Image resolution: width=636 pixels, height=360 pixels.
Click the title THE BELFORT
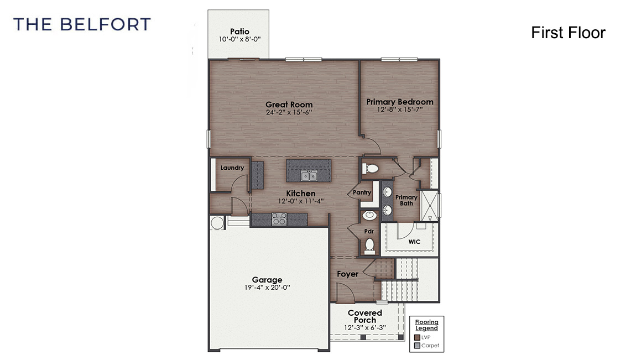[82, 24]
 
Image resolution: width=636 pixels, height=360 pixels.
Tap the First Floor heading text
[568, 33]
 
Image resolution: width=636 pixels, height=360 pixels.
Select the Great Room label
[289, 105]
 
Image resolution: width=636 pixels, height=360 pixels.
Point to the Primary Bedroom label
[399, 102]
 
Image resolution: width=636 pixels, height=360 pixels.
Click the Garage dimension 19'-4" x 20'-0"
[267, 288]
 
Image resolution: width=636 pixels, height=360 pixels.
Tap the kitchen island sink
[309, 176]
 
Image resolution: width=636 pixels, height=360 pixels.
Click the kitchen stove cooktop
[279, 219]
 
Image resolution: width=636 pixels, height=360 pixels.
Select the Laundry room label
[232, 168]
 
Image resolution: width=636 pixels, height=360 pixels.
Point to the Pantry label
[361, 192]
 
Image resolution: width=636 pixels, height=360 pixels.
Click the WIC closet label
[415, 242]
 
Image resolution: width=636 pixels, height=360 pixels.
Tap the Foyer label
[347, 274]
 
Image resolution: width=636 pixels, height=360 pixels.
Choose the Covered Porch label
[364, 316]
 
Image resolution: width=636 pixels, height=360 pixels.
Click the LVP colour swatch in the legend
[417, 337]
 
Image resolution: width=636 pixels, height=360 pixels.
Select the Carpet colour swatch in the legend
[417, 346]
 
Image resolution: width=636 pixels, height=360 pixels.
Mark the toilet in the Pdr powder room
[370, 243]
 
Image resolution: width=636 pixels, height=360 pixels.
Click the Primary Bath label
[406, 200]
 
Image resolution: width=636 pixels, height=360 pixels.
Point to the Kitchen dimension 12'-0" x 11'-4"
[300, 201]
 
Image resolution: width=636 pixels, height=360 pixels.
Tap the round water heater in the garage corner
[216, 222]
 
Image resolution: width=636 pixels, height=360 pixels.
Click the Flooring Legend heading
[426, 325]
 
